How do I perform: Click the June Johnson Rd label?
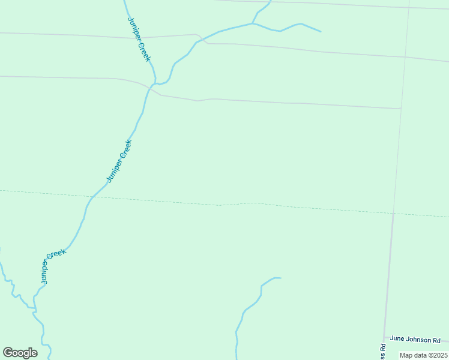[415, 339]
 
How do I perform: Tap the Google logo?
[20, 353]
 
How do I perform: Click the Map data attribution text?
[423, 355]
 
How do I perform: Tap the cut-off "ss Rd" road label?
[382, 352]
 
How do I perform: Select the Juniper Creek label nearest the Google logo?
[53, 266]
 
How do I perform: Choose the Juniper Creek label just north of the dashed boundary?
[118, 161]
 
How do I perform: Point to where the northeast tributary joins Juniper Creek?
[156, 83]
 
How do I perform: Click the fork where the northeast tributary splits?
[253, 24]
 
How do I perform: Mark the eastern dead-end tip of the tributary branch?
[321, 31]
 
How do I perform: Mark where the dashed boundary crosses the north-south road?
[394, 213]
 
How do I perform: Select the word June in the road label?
[397, 339]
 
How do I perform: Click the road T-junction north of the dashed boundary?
[401, 109]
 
